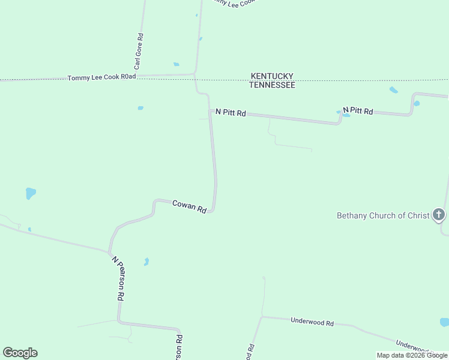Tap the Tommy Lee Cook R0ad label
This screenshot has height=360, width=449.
[102, 77]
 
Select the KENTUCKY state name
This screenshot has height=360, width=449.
[272, 76]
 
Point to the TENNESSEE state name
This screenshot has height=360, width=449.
[272, 85]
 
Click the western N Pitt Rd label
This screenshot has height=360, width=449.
[231, 113]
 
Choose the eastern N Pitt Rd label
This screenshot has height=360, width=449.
[358, 111]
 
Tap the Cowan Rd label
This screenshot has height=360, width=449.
[189, 206]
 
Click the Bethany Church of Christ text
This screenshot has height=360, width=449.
[383, 215]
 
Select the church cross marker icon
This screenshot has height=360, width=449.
[439, 214]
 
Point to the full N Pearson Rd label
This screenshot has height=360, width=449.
[118, 278]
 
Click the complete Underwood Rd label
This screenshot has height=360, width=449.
[312, 322]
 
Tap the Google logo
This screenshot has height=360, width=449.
[20, 353]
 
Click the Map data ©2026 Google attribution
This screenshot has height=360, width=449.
[412, 355]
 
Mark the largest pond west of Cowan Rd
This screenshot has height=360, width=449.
[30, 193]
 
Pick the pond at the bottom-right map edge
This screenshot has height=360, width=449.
[444, 322]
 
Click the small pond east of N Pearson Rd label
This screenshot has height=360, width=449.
[146, 262]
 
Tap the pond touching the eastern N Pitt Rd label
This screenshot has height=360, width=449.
[346, 114]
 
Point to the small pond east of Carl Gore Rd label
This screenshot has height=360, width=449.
[176, 64]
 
